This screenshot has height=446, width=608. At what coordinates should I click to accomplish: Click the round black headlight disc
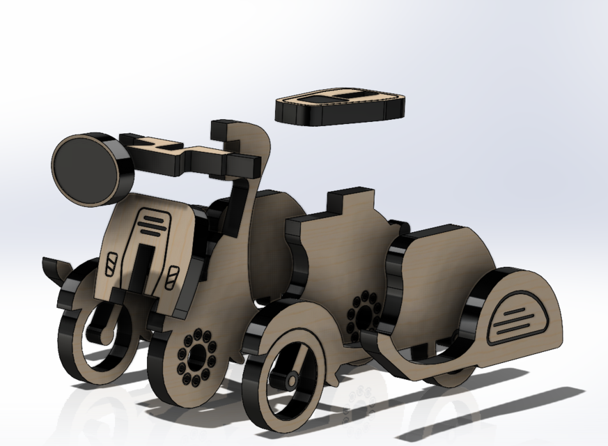[85, 169]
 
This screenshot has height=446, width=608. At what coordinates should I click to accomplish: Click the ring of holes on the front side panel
[195, 356]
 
